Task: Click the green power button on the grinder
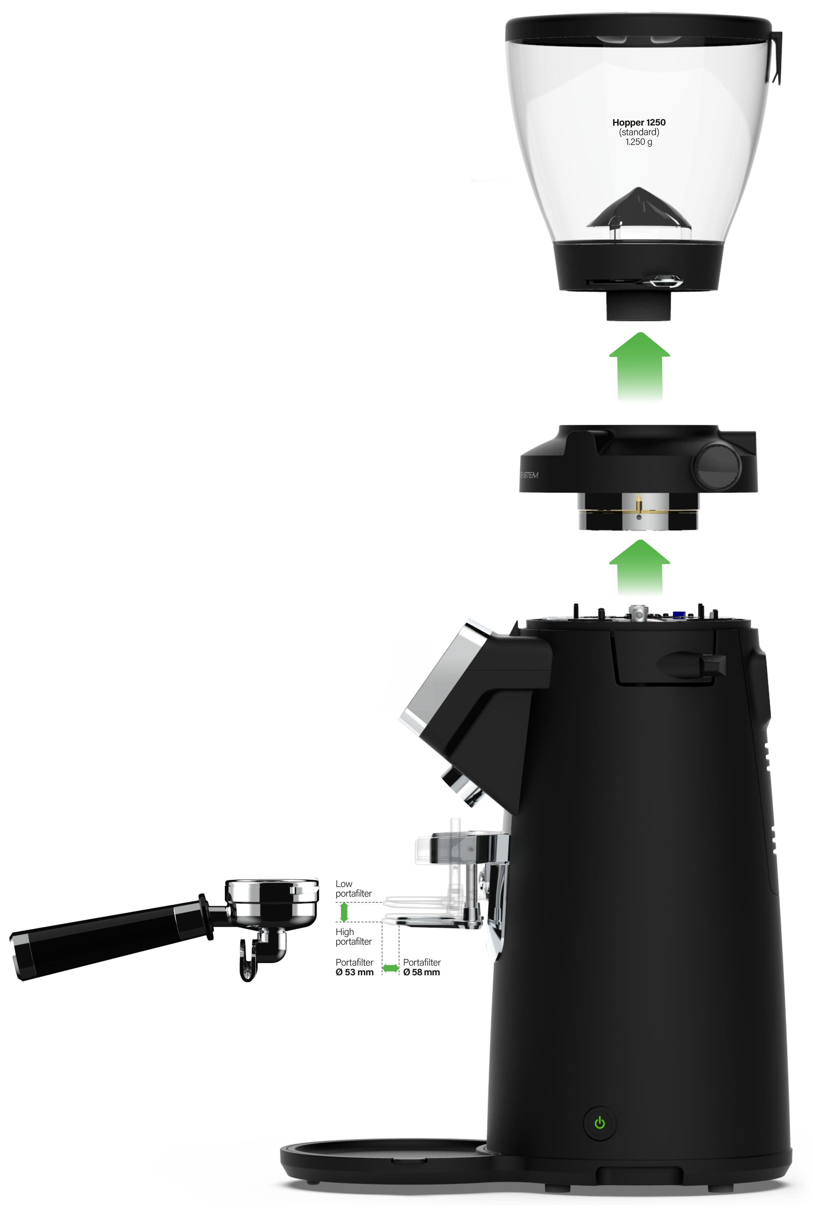600,1123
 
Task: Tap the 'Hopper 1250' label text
639,122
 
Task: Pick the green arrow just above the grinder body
640,567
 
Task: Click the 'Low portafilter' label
353,889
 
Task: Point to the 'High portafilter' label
353,937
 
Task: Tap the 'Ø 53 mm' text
354,972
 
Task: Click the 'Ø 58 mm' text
422,972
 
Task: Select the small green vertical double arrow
343,912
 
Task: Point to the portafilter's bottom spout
259,954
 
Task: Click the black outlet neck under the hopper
639,305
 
